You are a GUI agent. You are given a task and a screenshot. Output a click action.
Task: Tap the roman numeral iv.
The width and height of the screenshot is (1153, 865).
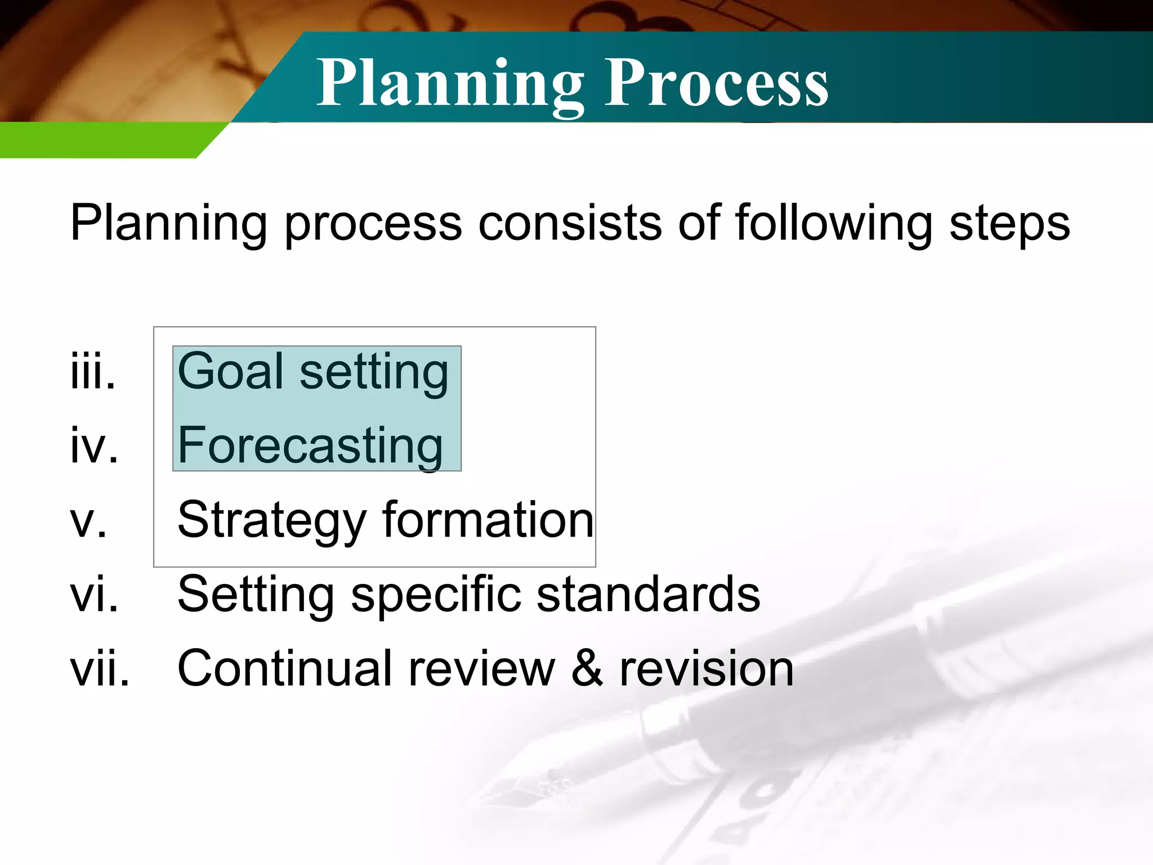click(x=94, y=445)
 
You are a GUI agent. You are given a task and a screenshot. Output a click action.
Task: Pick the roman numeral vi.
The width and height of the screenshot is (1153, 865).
click(x=94, y=595)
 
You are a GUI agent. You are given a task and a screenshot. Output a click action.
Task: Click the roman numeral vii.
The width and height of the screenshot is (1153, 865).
click(x=100, y=668)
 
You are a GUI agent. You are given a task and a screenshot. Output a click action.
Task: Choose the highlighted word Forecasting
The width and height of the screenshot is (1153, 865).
click(x=310, y=446)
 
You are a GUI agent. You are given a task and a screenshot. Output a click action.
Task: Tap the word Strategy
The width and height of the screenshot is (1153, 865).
click(x=271, y=521)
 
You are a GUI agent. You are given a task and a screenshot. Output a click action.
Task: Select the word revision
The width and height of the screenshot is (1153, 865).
click(x=707, y=668)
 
